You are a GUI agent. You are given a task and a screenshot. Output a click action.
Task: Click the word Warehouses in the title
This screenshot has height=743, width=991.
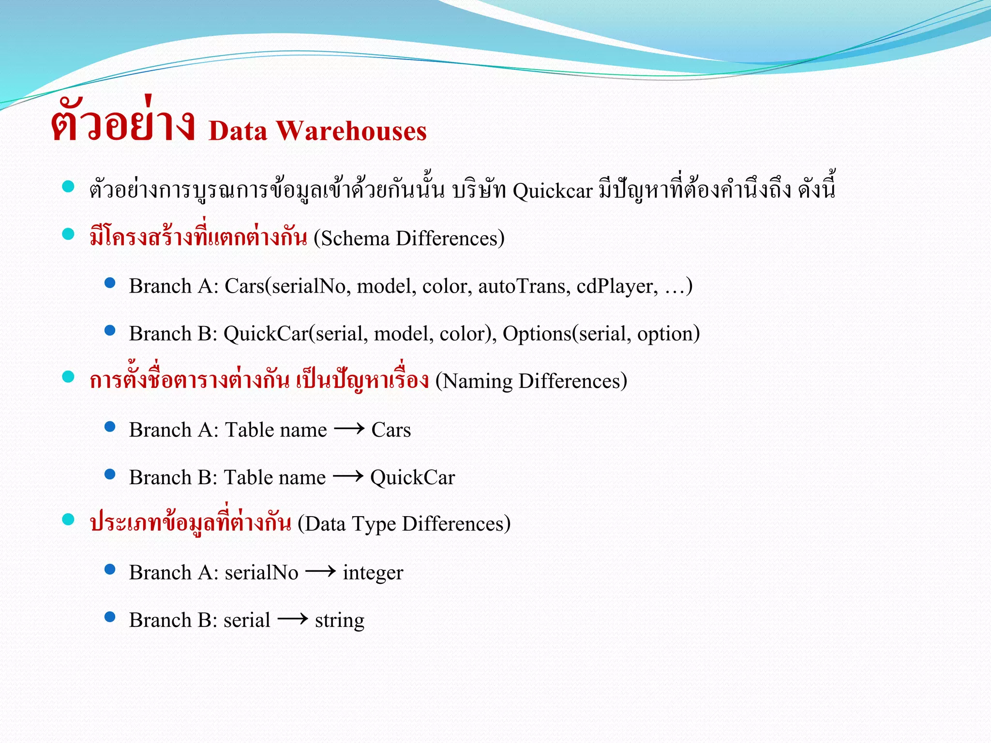tap(351, 131)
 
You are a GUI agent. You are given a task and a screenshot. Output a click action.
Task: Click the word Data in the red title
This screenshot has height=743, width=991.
tap(238, 131)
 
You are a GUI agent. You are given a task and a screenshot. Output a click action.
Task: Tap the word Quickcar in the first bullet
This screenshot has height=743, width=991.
tap(552, 191)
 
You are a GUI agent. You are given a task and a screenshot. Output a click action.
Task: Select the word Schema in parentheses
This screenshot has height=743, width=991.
tap(355, 238)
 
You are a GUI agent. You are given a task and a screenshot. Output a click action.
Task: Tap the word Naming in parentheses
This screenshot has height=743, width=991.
tap(477, 381)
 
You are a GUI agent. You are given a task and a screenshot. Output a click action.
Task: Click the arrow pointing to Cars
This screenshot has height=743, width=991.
tap(349, 429)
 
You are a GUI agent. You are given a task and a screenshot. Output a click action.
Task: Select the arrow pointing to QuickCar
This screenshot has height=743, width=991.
tap(348, 476)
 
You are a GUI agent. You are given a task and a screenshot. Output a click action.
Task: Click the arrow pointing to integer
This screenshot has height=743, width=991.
tap(320, 571)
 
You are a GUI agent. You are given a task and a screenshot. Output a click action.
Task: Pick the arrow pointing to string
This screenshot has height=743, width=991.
tap(292, 619)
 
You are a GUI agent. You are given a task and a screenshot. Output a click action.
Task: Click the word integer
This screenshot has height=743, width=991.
tap(373, 573)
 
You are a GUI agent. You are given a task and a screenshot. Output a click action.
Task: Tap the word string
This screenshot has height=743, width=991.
tap(339, 620)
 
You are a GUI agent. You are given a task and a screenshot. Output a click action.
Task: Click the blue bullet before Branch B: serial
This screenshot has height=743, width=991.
tap(110, 617)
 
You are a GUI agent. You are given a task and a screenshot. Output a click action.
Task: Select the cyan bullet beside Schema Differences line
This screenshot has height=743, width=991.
tap(68, 234)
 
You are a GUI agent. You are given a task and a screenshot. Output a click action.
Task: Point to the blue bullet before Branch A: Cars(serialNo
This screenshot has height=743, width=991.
tap(110, 282)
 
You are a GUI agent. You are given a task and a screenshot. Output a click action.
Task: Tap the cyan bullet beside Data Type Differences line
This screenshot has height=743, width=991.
tap(68, 520)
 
